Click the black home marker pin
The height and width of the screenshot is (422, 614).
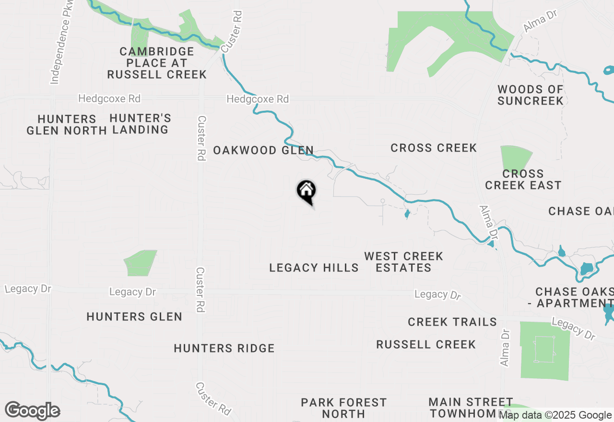point(306,191)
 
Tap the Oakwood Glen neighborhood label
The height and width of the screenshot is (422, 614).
point(263,151)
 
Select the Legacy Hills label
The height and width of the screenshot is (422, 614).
point(314,268)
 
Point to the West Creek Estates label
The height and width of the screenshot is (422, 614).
point(403,262)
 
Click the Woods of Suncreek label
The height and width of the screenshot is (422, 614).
point(530,95)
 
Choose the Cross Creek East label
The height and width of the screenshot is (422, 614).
point(523,179)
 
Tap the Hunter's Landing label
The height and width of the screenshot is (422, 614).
point(140,124)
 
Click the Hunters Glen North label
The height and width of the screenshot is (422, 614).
point(67,125)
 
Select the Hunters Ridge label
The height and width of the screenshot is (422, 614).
point(224,348)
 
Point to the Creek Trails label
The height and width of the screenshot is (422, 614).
point(452,322)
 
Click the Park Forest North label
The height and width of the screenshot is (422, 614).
point(343,408)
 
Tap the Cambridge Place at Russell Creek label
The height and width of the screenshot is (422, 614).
point(157,63)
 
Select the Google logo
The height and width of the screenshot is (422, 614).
point(32,411)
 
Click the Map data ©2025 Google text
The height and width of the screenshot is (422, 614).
point(555,415)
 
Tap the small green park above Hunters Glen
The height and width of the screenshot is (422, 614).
point(140,263)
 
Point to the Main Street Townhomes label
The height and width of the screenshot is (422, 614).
point(471,408)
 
